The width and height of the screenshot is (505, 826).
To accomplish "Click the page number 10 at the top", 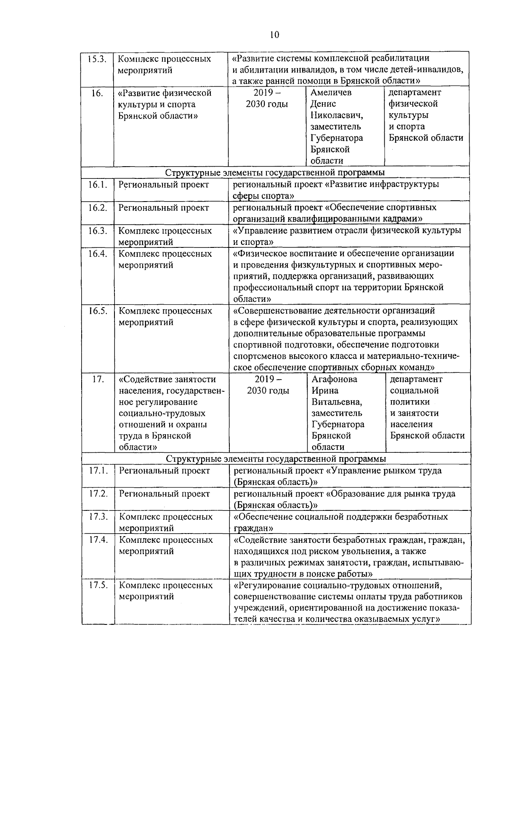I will tap(274, 35).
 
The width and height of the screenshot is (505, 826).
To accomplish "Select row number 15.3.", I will tap(97, 58).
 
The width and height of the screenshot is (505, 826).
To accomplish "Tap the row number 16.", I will tap(97, 93).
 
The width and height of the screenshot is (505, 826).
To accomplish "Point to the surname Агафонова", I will tap(335, 379).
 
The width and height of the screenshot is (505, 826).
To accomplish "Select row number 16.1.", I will tap(98, 185).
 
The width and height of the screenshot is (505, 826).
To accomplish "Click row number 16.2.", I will tap(98, 208).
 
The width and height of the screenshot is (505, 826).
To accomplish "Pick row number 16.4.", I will tap(98, 254).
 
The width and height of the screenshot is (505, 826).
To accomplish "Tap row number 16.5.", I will tap(98, 311).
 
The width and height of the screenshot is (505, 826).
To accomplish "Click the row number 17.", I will tap(98, 379).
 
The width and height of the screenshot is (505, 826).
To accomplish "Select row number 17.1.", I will tap(99, 471).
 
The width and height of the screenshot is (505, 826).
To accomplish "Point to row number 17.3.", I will tap(99, 517).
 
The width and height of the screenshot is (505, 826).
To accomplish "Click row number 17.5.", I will tap(99, 585).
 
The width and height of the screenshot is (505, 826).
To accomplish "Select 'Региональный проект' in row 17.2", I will tap(164, 494).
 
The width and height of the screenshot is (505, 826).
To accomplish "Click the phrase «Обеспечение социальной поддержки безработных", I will tap(340, 517).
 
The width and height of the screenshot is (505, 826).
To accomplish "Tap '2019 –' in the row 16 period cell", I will tap(267, 93).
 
